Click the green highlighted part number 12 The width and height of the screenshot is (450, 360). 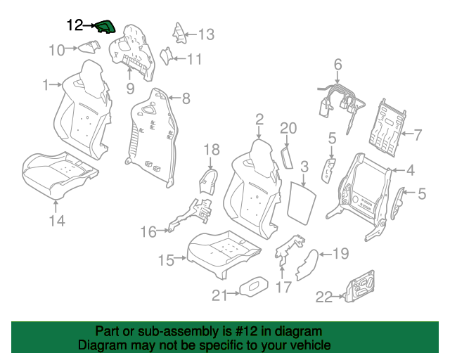105,27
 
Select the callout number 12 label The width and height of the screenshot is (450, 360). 75,25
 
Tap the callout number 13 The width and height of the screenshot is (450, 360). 206,34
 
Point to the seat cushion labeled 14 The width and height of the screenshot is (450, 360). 60,175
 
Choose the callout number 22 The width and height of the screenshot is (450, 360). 324,297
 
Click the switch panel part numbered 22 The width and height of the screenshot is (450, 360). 360,286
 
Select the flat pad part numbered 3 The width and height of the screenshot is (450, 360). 302,202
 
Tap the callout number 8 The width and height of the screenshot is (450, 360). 186,98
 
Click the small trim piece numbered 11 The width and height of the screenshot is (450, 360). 166,56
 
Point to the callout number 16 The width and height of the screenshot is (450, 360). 148,231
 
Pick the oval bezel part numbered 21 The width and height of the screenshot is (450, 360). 254,286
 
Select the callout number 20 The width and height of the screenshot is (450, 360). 288,128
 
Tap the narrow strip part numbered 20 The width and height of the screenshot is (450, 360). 287,157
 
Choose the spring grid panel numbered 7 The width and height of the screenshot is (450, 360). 387,128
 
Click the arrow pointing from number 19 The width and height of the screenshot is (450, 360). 326,254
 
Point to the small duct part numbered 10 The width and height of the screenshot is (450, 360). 89,46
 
